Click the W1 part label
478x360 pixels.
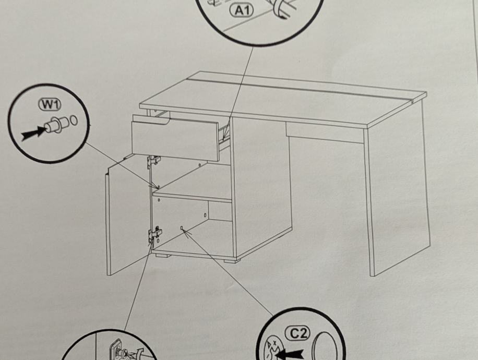click(x=50, y=104)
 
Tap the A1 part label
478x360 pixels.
click(x=241, y=10)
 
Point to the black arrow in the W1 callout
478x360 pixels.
click(x=32, y=134)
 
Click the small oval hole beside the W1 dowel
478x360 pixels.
click(x=73, y=121)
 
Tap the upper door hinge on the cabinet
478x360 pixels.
click(x=153, y=161)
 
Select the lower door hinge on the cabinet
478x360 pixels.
click(x=154, y=234)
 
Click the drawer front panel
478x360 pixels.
click(x=175, y=138)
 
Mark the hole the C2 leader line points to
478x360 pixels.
click(x=181, y=228)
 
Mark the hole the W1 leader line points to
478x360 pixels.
click(x=158, y=186)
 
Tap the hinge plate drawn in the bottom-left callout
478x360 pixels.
click(x=115, y=350)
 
